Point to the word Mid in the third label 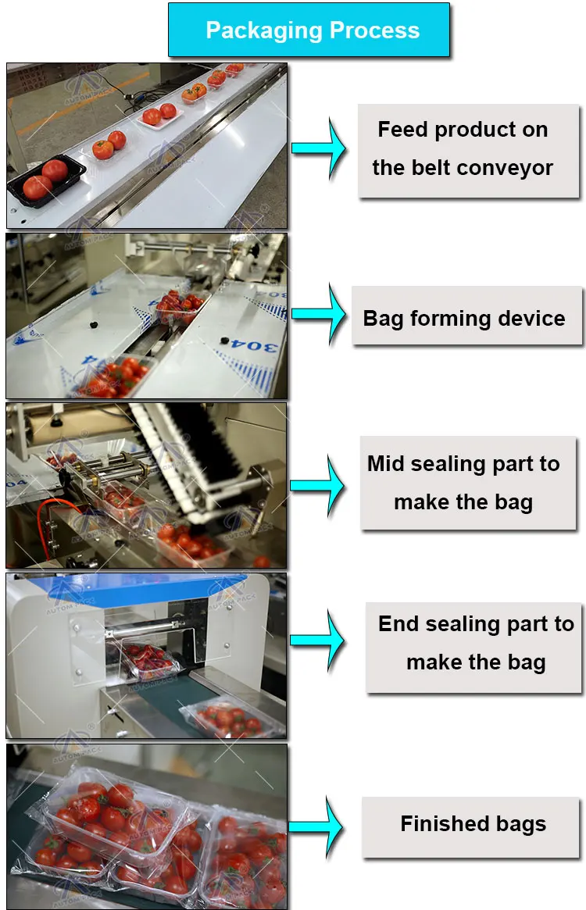point(385,464)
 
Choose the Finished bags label point(473,824)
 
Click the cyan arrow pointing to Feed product point(320,148)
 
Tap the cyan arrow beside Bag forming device point(320,314)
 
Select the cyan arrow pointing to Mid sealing point(318,484)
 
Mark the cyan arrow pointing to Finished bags point(318,826)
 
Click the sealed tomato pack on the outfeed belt point(227,719)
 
